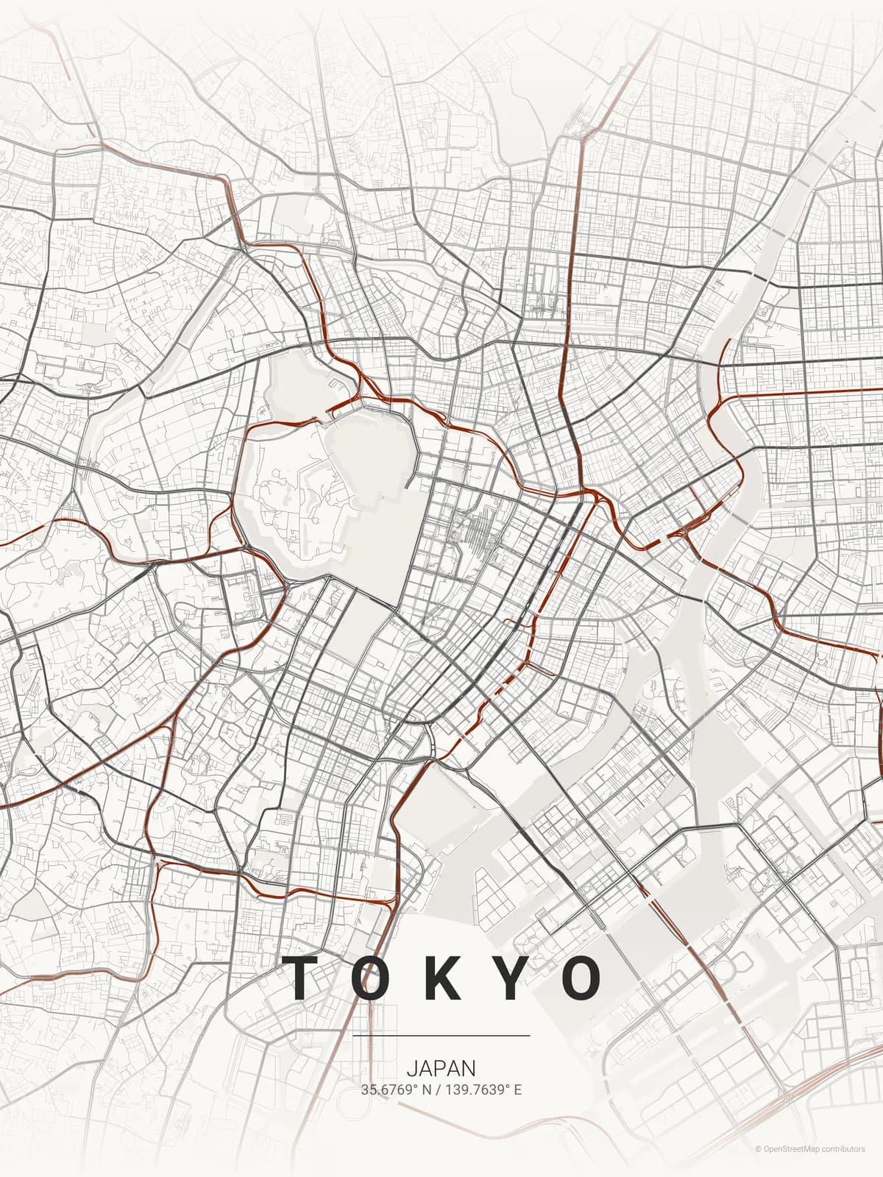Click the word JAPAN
tap(441, 1068)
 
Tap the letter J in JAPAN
tap(411, 1068)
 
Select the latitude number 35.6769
tap(385, 1089)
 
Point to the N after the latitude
tap(426, 1089)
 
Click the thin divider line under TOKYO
tap(441, 1036)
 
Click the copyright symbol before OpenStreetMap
tap(758, 1149)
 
